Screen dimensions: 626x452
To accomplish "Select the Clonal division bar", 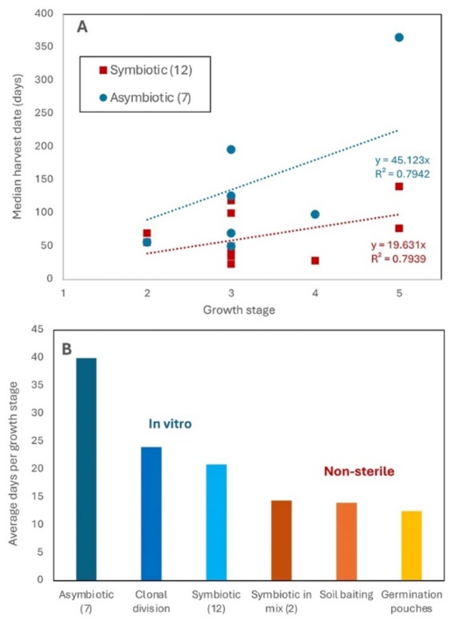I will [x=151, y=513].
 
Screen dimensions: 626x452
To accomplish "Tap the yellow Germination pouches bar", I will [x=411, y=546].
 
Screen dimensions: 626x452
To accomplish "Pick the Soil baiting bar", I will [x=346, y=541].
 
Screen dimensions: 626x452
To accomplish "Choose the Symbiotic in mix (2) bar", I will [x=281, y=540].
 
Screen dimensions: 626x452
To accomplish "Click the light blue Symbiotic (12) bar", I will [x=216, y=522].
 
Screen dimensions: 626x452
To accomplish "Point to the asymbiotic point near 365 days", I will [x=399, y=38].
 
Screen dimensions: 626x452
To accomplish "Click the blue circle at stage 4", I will [x=315, y=214].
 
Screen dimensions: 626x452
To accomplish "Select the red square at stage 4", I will [x=315, y=261].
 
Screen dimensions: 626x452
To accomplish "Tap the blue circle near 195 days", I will [x=231, y=149].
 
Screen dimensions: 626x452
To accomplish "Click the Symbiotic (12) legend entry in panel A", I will [x=146, y=70].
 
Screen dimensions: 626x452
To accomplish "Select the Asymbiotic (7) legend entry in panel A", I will [x=145, y=98].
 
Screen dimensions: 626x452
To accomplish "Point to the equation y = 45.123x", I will [x=402, y=160].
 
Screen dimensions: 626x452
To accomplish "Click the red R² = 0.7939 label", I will [x=398, y=259].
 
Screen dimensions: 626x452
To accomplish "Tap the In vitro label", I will [x=170, y=424].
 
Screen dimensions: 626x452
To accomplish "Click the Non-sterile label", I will [x=359, y=471].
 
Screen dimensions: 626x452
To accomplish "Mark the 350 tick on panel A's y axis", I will [x=44, y=46].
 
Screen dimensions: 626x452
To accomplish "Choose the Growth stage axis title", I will [x=239, y=310].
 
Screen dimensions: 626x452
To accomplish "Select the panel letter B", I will [x=67, y=349].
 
